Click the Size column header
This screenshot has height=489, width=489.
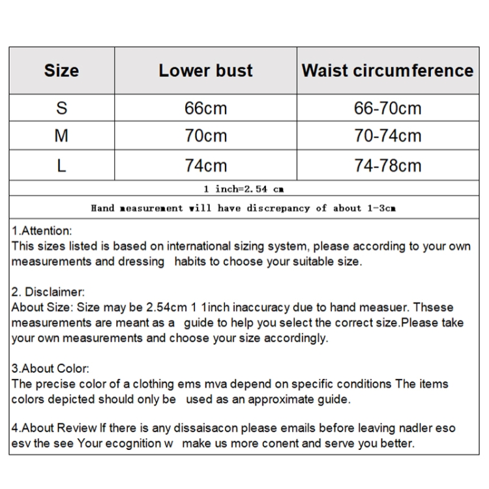coord(61,71)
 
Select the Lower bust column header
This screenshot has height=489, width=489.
coord(205,71)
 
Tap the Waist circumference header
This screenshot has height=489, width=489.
coord(387,71)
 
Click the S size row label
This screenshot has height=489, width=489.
coord(61,108)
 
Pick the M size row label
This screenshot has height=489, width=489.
coord(61,136)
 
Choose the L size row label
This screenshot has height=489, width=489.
coord(61,165)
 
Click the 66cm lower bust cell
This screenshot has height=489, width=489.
coord(205,108)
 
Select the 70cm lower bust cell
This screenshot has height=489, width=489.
coord(205,136)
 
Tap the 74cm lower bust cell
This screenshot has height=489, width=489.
coord(205,165)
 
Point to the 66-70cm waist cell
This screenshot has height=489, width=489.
coord(387,108)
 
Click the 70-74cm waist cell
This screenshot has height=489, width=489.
coord(387,136)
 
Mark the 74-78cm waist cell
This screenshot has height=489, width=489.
coord(387,165)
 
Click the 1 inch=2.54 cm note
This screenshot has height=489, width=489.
coord(244,189)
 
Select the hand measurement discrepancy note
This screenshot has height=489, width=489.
coord(244,208)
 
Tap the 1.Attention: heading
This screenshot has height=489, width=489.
coord(42,231)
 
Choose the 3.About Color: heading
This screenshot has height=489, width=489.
coord(51,369)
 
